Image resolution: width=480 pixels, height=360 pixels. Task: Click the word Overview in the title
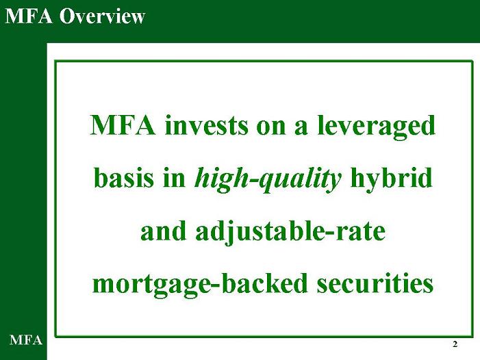tap(102, 16)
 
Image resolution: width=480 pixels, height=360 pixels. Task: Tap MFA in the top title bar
tap(29, 16)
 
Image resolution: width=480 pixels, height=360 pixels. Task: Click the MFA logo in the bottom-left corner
tap(26, 340)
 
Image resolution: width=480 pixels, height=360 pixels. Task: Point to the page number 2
tap(455, 344)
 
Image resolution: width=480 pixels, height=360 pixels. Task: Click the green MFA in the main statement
tap(123, 125)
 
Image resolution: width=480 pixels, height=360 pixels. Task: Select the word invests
tap(206, 125)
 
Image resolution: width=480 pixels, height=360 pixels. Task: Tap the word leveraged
tap(376, 127)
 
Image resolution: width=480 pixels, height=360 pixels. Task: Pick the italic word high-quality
tap(268, 180)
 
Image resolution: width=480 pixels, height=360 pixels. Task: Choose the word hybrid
tap(391, 180)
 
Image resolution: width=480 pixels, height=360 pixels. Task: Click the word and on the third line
tap(163, 231)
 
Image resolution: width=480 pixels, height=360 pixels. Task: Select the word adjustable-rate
tap(290, 233)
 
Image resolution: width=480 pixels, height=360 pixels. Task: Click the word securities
tap(375, 283)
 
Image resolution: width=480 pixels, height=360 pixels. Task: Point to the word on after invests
tap(270, 128)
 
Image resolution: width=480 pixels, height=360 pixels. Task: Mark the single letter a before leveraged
tap(301, 128)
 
